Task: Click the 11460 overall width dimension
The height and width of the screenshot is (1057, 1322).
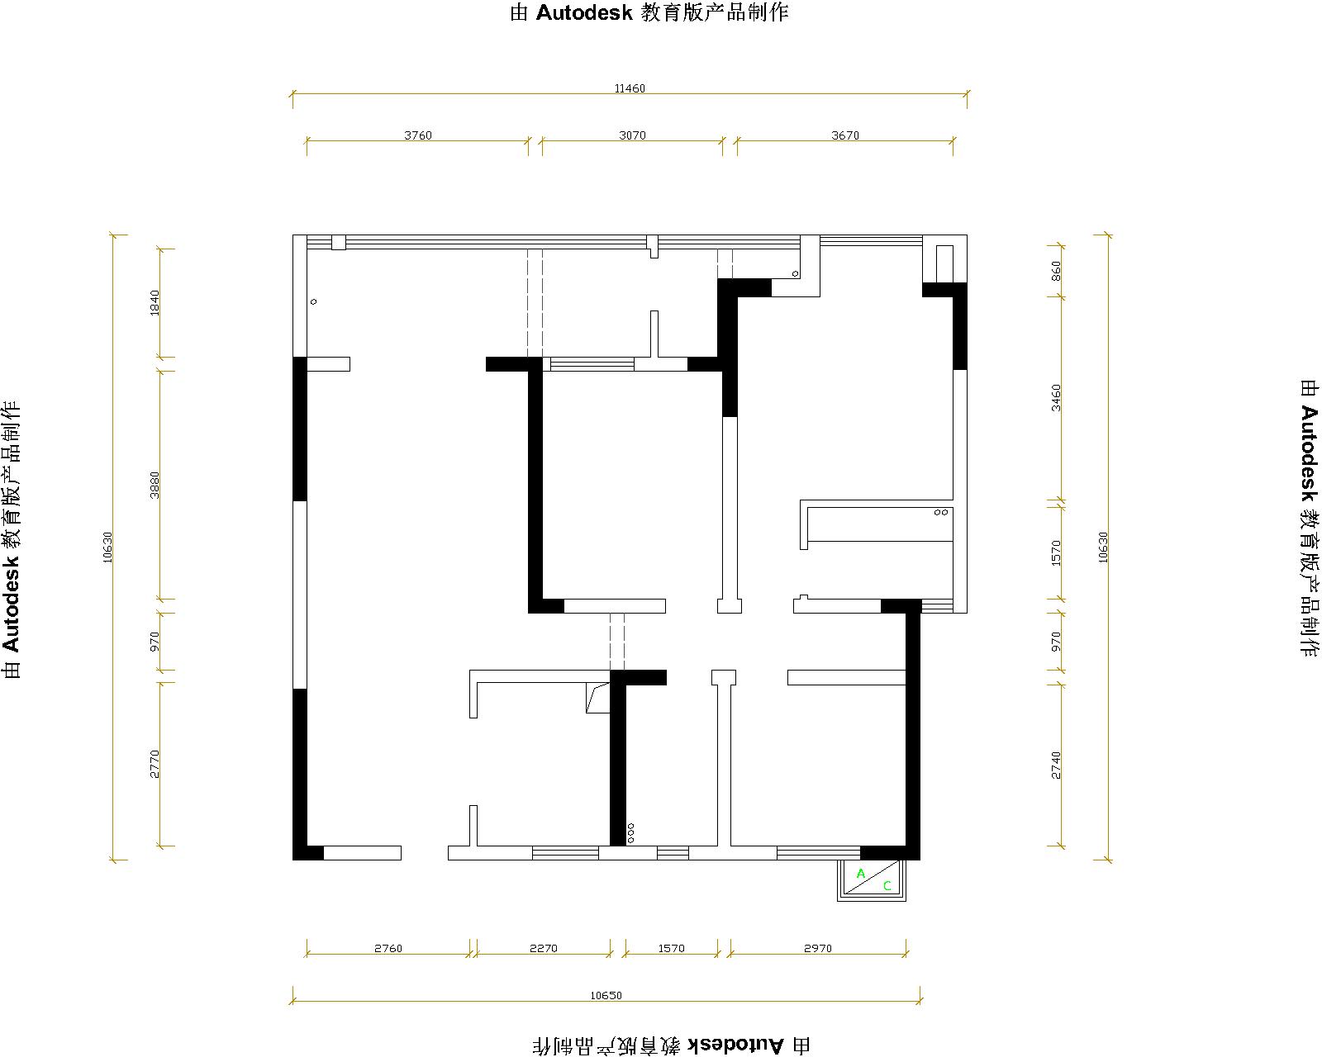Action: (x=630, y=88)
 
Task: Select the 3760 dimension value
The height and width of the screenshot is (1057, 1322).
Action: (x=418, y=135)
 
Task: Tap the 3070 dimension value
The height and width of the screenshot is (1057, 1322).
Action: (x=632, y=135)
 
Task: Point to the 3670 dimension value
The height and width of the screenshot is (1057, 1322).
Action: (x=844, y=135)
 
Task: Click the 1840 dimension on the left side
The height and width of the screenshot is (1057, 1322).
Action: (x=155, y=303)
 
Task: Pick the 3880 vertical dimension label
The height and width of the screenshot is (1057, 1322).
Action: (x=155, y=486)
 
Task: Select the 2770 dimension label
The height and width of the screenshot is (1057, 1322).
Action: (x=155, y=764)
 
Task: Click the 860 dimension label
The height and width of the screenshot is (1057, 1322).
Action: (x=1056, y=271)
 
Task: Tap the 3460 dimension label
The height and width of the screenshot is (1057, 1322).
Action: (x=1056, y=398)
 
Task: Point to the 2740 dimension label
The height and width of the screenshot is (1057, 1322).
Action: (x=1056, y=765)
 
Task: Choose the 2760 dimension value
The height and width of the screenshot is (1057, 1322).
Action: (x=388, y=948)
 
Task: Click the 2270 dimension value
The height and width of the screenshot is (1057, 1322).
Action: (x=544, y=948)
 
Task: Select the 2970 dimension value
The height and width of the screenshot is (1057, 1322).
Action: (x=818, y=948)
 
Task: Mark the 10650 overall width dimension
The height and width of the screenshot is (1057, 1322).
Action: (x=606, y=996)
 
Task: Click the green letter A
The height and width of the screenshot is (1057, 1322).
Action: (x=861, y=874)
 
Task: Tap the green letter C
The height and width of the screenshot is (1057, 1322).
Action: (x=887, y=885)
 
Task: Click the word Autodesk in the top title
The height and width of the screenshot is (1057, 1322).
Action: (x=583, y=12)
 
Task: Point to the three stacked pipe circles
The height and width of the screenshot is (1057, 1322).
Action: (x=631, y=833)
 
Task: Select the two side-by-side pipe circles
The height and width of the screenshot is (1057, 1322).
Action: (x=941, y=512)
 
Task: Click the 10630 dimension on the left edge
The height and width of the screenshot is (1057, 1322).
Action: (x=108, y=547)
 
